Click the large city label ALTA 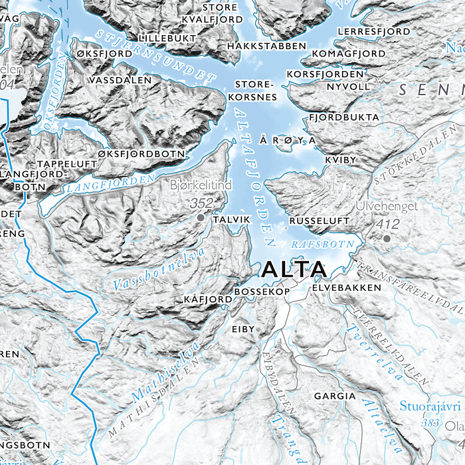[294, 269]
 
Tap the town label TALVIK [231, 219]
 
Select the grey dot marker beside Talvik [201, 217]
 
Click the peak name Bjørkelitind [201, 185]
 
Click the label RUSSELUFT [320, 219]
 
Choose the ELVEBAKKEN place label [346, 288]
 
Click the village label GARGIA [335, 396]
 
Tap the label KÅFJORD [208, 300]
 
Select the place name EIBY [242, 329]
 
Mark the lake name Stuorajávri [429, 406]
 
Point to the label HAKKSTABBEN [266, 46]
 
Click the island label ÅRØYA [286, 141]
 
